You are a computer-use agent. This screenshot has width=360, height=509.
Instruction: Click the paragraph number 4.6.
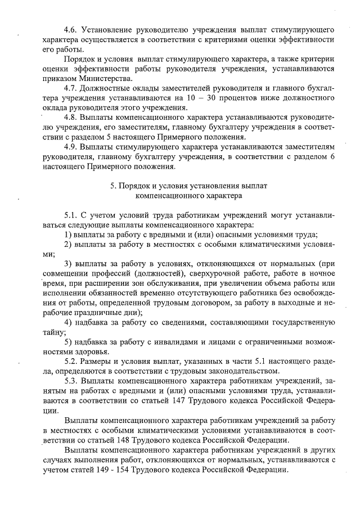pos(71,29)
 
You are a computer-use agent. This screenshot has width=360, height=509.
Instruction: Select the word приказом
pos(59,78)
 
